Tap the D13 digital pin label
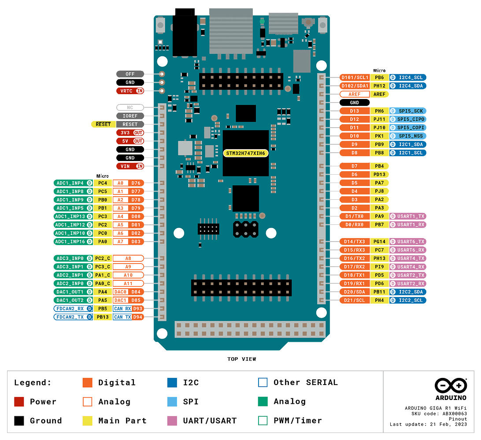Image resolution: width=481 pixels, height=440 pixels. (x=355, y=111)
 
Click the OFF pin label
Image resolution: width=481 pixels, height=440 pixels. (x=130, y=74)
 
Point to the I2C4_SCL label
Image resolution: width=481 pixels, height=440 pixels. (x=408, y=77)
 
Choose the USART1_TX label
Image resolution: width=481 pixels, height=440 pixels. (x=408, y=216)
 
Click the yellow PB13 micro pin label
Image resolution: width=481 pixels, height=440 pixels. (x=103, y=317)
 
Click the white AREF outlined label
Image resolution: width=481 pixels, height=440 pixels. (x=355, y=94)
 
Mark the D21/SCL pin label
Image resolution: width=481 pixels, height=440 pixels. (x=355, y=300)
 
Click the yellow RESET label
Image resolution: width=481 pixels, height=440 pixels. (x=103, y=124)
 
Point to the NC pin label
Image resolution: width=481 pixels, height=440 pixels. (x=130, y=107)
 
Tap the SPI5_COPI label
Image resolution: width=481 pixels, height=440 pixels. (x=408, y=128)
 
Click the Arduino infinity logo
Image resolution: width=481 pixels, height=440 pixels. (x=451, y=386)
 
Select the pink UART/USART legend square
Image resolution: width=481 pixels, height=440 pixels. (x=172, y=421)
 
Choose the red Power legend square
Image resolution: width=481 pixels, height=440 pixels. (x=19, y=401)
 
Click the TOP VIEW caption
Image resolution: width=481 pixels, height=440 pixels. (x=241, y=359)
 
